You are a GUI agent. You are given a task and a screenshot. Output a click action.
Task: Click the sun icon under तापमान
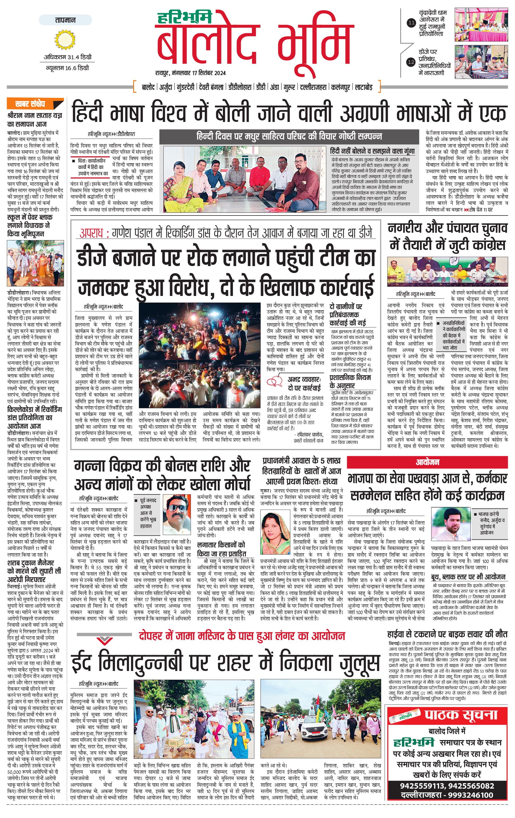tap(65, 39)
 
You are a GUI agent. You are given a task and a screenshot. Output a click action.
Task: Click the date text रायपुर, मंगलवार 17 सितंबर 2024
tap(190, 73)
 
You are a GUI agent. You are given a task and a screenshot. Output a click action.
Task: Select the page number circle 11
tap(411, 23)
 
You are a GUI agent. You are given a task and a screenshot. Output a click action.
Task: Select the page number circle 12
tap(411, 62)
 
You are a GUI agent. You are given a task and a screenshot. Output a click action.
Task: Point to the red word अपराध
tap(91, 233)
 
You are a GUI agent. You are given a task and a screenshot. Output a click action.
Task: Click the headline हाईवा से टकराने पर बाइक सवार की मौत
tap(447, 634)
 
